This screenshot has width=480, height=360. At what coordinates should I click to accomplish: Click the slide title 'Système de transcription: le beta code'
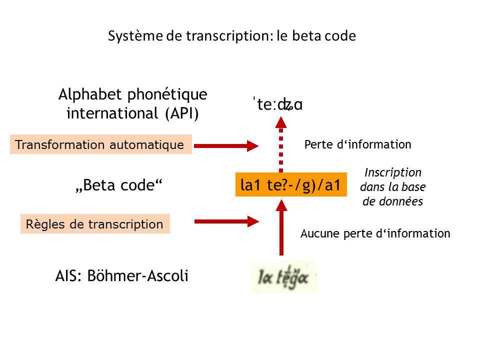click(x=232, y=36)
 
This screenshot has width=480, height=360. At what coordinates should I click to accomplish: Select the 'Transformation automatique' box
click(x=100, y=144)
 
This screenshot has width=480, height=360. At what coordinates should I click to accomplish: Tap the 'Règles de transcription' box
click(x=95, y=224)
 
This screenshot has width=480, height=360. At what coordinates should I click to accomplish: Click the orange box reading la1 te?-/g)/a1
click(x=290, y=185)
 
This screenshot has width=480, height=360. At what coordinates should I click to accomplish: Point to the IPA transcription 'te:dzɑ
click(x=278, y=105)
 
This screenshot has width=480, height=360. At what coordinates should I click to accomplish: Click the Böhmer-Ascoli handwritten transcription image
click(x=284, y=276)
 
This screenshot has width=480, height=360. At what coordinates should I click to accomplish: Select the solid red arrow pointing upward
click(x=281, y=227)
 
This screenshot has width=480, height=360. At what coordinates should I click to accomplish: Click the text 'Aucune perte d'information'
click(x=375, y=233)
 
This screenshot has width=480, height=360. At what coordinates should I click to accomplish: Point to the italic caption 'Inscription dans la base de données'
click(x=393, y=187)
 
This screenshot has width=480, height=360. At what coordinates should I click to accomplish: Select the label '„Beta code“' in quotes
click(x=119, y=185)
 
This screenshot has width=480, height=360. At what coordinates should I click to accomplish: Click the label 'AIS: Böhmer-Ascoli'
click(x=122, y=276)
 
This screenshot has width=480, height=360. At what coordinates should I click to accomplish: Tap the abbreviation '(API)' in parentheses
click(x=181, y=113)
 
